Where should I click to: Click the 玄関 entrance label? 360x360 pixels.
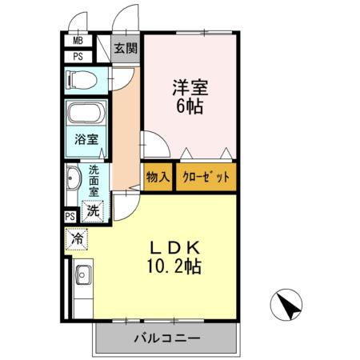pos(125,48)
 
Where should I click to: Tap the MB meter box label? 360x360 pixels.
pos(78,42)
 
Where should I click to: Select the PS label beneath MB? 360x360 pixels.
pos(78,57)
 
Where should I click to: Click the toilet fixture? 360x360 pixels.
pos(81,81)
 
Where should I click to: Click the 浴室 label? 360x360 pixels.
pos(88,139)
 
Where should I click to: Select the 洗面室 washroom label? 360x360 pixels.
pos(94,182)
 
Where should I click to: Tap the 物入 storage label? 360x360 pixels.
pos(157,177)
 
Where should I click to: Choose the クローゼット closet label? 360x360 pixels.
pos(206,177)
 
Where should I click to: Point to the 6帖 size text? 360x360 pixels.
pos(190,105)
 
